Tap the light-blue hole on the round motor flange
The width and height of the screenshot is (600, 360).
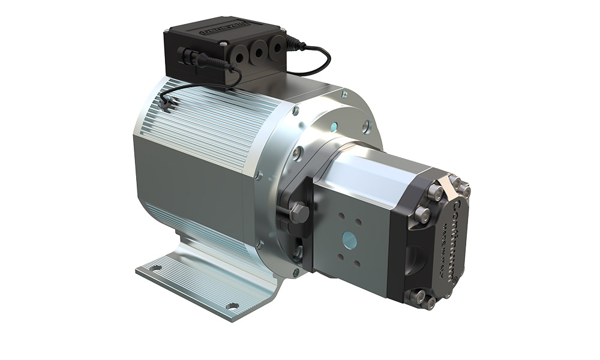point(334,127)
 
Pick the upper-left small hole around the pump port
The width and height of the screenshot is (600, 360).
point(341,217)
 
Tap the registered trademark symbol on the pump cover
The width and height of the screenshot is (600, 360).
point(457,278)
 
